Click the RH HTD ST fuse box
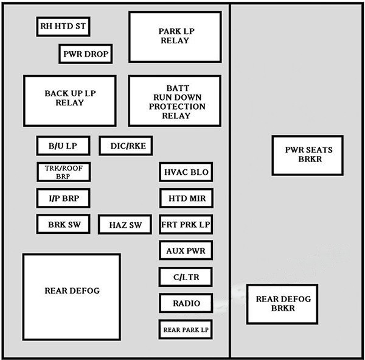[x=63, y=26]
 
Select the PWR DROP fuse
[x=85, y=54]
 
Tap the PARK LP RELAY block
[x=174, y=37]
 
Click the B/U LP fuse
[x=63, y=146]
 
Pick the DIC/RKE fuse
[x=126, y=146]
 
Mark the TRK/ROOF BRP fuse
[x=63, y=172]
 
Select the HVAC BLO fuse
[x=186, y=172]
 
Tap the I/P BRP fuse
[x=63, y=199]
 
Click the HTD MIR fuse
[x=186, y=199]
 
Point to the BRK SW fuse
[x=63, y=225]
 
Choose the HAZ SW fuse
[x=125, y=225]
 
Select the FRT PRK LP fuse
[x=186, y=225]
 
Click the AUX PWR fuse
[x=186, y=251]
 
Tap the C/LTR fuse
[x=186, y=277]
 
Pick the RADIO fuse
[x=186, y=303]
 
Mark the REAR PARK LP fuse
[x=186, y=330]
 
